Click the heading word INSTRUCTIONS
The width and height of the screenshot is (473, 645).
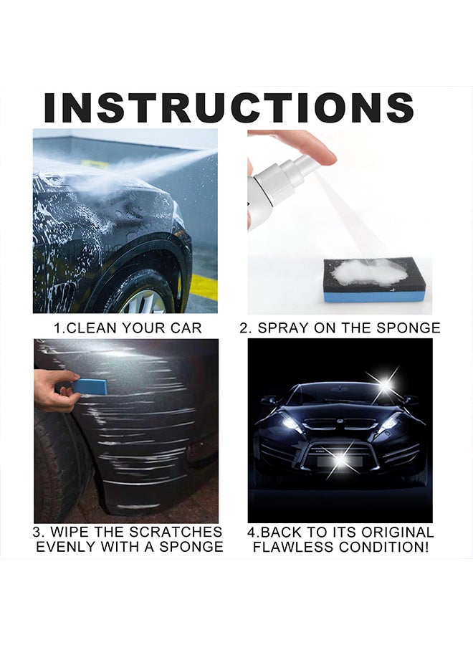point(229,107)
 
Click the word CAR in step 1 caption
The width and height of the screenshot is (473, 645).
point(184,328)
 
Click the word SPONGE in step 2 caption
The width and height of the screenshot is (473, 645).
point(409,328)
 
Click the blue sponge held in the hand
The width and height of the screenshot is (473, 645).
point(90,386)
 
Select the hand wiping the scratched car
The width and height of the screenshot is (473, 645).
point(54,391)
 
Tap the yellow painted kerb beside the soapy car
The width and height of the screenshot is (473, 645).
point(201,287)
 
